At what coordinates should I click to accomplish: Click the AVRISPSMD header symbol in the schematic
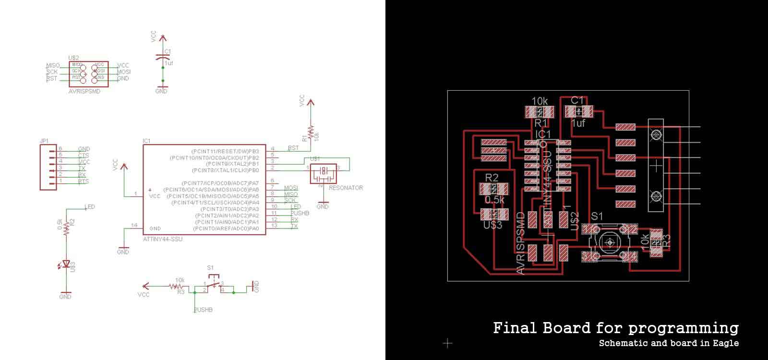(89, 73)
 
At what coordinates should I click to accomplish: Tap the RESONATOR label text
(346, 188)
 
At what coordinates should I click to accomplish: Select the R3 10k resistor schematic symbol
(175, 287)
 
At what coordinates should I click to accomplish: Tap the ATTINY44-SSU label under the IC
(163, 239)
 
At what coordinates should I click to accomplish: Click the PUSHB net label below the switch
(203, 310)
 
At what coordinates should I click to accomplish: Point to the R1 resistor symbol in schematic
(311, 132)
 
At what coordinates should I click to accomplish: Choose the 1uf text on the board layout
(578, 123)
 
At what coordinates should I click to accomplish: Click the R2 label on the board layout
(492, 178)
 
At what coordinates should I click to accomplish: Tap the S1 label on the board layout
(597, 216)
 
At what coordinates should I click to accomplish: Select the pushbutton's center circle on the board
(610, 242)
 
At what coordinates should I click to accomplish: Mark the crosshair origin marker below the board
(447, 343)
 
